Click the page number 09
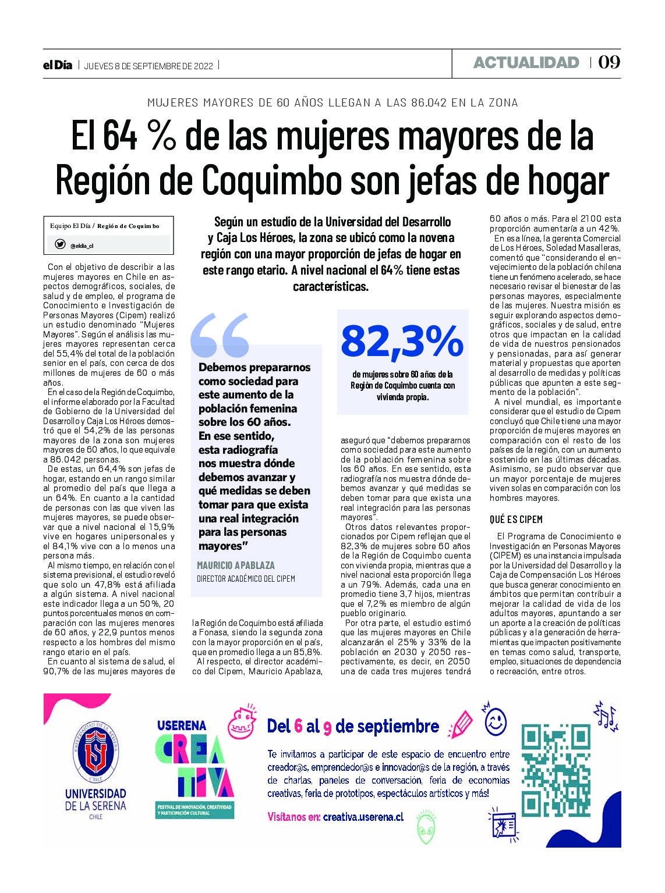point(609,62)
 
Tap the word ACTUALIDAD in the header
point(526,63)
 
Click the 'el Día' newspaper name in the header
point(57,65)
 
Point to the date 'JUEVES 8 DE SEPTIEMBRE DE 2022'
point(148,66)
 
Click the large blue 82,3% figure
point(402,341)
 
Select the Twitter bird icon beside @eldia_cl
point(60,244)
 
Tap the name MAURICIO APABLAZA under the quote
point(235,565)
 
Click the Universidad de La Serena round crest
point(95,751)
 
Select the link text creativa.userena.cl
point(363,817)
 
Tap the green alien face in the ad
point(426,827)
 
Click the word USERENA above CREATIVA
point(182,725)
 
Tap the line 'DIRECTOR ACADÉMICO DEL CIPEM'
point(246,579)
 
